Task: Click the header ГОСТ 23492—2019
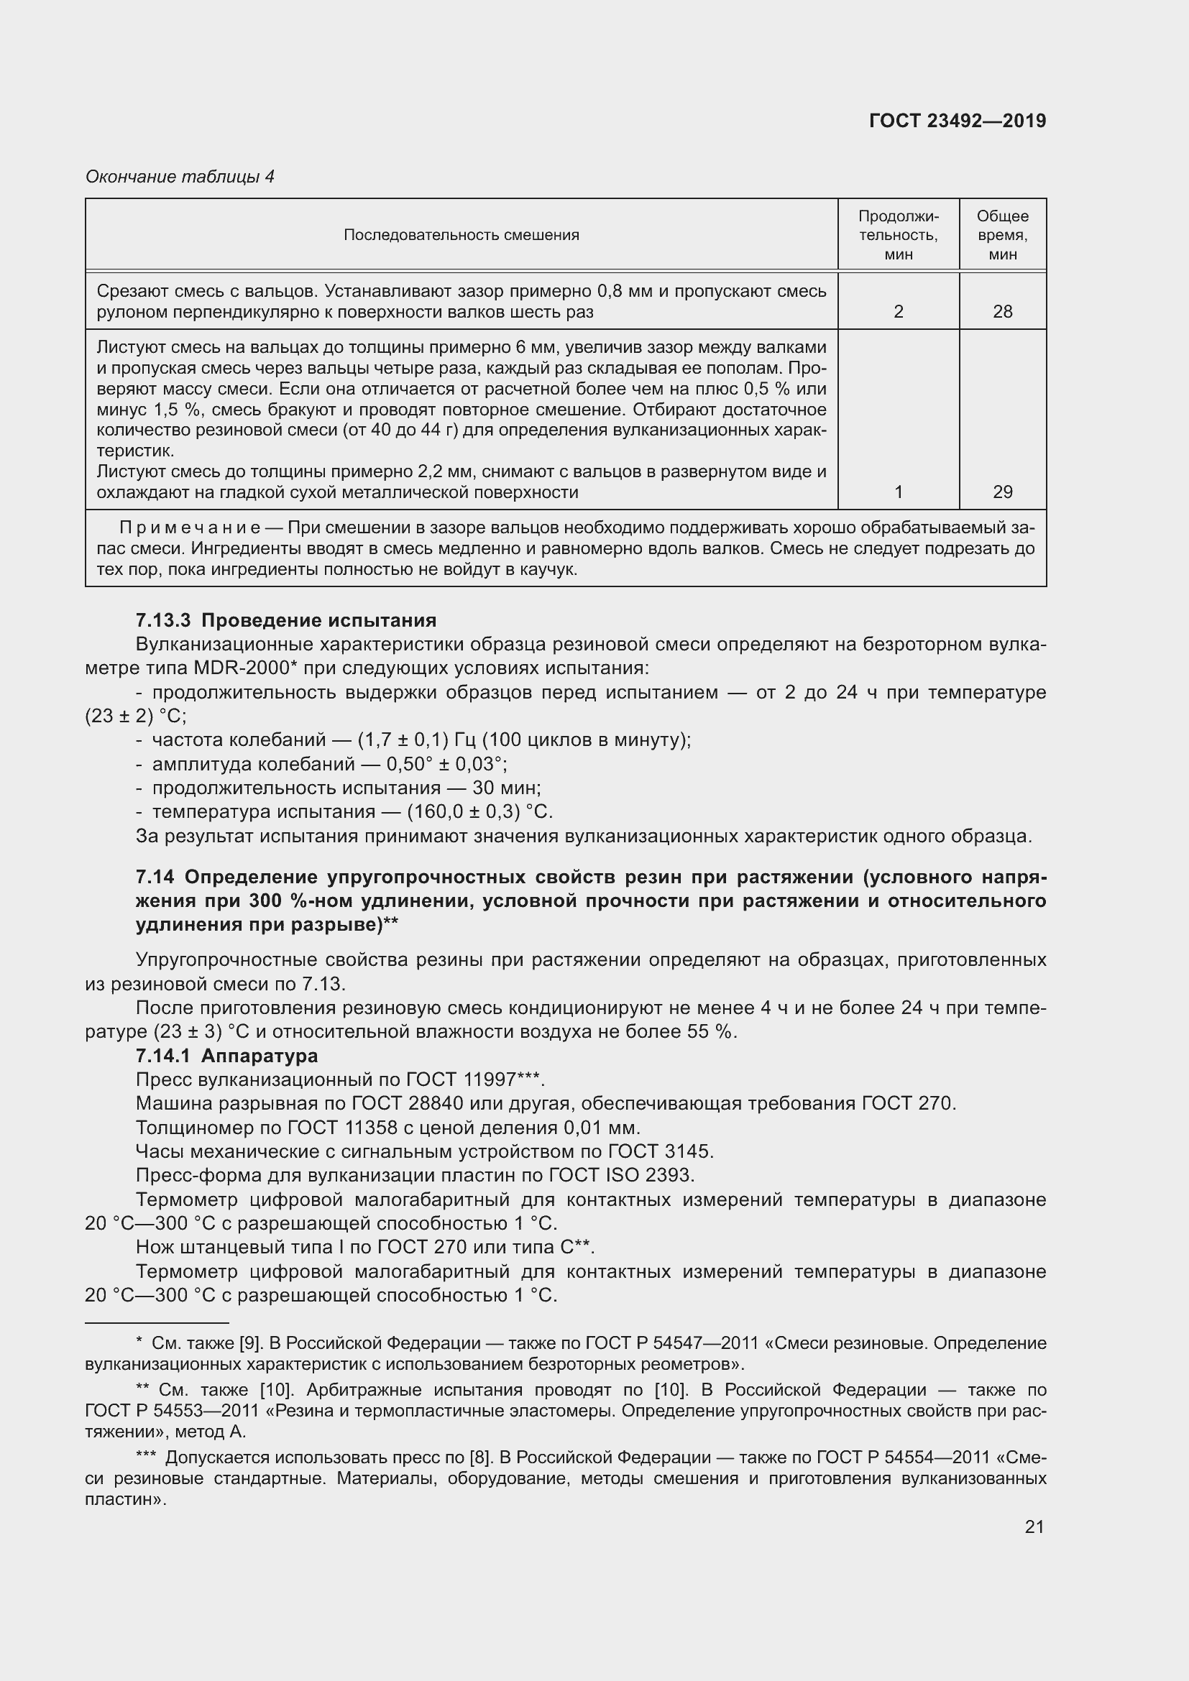coord(957,121)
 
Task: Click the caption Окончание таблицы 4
coord(180,177)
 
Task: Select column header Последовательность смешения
coord(462,235)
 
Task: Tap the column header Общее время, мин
coord(1002,235)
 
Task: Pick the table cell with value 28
coord(1002,312)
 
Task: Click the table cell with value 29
coord(1002,492)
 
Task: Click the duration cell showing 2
coord(899,312)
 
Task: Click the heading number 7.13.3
coord(162,621)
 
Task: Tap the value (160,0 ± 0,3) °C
coord(479,812)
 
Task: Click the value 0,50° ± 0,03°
coord(446,765)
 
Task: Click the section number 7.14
coord(156,877)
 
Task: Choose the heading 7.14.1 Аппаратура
coord(227,1056)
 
